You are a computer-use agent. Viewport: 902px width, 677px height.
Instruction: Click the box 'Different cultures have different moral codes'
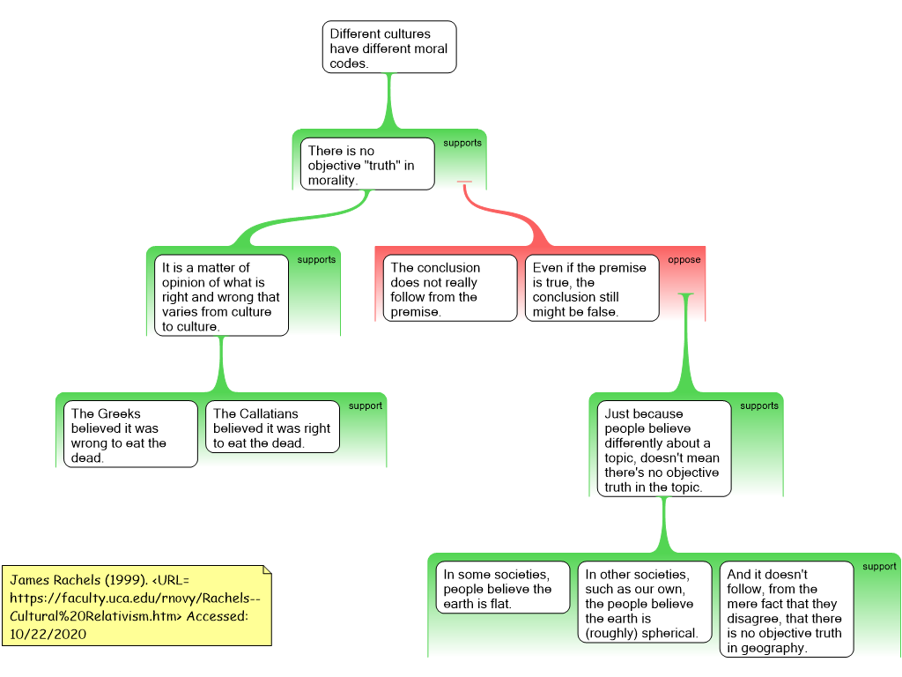389,48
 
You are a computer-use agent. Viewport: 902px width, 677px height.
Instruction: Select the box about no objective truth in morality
367,164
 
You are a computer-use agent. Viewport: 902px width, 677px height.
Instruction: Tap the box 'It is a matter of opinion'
221,296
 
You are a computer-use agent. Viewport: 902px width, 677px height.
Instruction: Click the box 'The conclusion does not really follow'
450,288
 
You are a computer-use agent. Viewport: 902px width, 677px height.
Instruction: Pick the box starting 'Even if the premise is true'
592,288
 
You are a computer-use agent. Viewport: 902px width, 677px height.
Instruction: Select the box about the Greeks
130,435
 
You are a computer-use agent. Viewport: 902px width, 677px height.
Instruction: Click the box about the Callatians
273,428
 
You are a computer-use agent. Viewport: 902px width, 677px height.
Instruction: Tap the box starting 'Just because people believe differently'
664,449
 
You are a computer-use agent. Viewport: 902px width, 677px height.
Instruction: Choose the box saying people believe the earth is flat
503,588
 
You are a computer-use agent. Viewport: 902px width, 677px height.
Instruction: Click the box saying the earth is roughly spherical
645,602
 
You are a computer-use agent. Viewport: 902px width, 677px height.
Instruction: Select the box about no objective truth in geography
787,610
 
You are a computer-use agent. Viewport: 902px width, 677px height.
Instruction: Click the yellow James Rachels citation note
137,606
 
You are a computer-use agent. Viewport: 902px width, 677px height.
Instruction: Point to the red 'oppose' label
684,260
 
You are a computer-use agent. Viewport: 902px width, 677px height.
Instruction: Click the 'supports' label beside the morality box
462,143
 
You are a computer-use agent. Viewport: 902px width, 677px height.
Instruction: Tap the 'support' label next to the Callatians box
366,405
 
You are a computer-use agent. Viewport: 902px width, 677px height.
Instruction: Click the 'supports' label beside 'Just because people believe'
759,405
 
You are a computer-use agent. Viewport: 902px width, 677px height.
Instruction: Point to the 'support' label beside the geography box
880,567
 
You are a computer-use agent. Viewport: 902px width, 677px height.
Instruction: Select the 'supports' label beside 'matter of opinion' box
316,260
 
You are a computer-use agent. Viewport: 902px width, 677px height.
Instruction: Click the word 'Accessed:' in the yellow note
217,616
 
